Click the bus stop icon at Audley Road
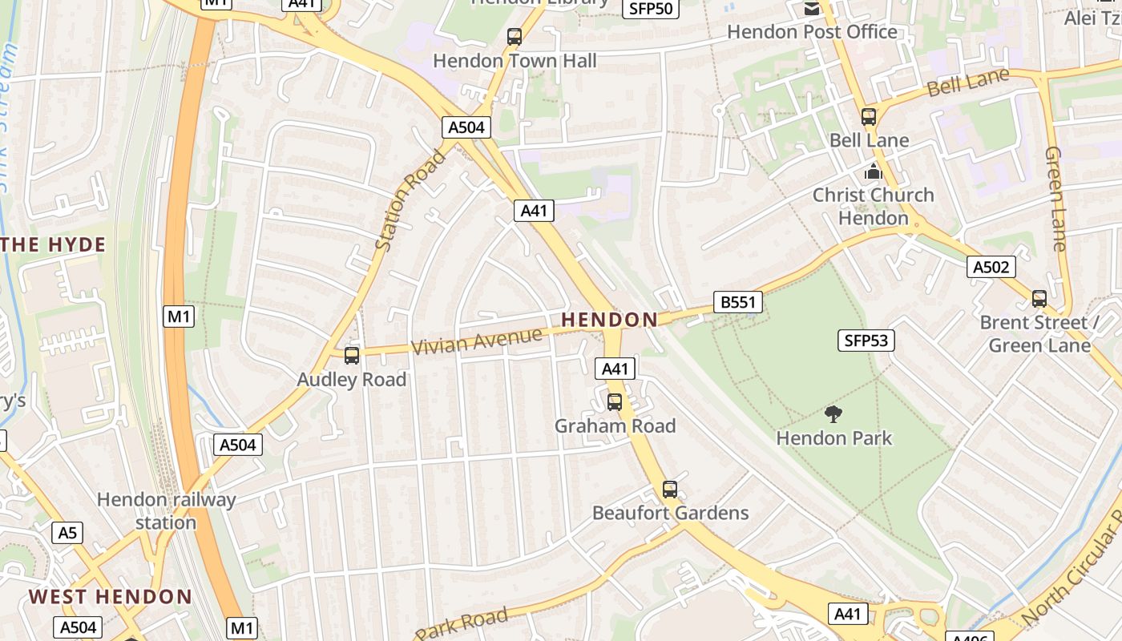tap(352, 355)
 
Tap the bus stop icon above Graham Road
tap(615, 401)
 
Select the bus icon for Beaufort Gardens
tap(670, 489)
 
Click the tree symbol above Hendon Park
tap(833, 414)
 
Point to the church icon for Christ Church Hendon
tap(873, 171)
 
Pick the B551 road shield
tap(737, 302)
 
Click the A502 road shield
tap(991, 267)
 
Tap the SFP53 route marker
tap(866, 341)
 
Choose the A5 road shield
tap(67, 532)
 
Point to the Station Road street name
tap(410, 200)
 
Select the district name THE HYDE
tap(54, 245)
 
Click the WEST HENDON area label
tap(111, 597)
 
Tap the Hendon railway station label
tap(166, 511)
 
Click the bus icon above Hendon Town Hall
tap(515, 37)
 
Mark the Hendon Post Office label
tap(812, 32)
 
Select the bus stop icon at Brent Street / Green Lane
tap(1039, 299)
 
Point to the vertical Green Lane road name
tap(1056, 198)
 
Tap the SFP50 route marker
tap(651, 9)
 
